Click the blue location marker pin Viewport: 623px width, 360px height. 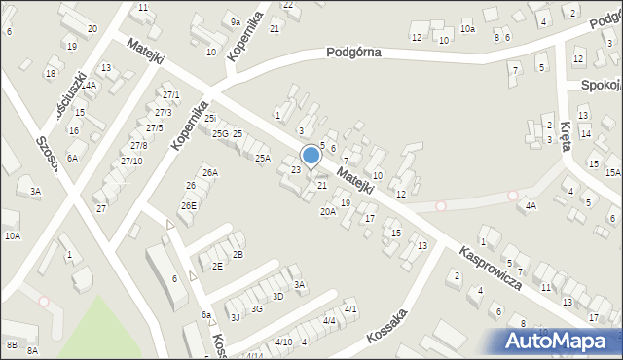[x=311, y=156]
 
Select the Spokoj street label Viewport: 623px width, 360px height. [x=601, y=86]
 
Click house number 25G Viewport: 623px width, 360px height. [x=220, y=133]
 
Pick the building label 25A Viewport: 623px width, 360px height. [x=262, y=158]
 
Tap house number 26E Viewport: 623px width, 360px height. [x=188, y=205]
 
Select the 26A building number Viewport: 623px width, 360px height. [x=210, y=173]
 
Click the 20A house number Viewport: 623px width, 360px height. [x=328, y=211]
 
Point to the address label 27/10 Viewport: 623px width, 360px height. [x=131, y=161]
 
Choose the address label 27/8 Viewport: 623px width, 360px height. [x=139, y=145]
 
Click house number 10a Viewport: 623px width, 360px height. [x=468, y=29]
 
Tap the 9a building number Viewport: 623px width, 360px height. [x=236, y=21]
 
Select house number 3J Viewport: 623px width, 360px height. [x=235, y=316]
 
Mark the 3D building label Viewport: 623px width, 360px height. [x=277, y=296]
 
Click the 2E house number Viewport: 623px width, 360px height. [x=217, y=266]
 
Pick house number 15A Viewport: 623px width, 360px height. [x=612, y=172]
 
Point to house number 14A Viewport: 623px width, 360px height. [x=89, y=86]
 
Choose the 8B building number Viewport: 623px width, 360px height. [x=12, y=344]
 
